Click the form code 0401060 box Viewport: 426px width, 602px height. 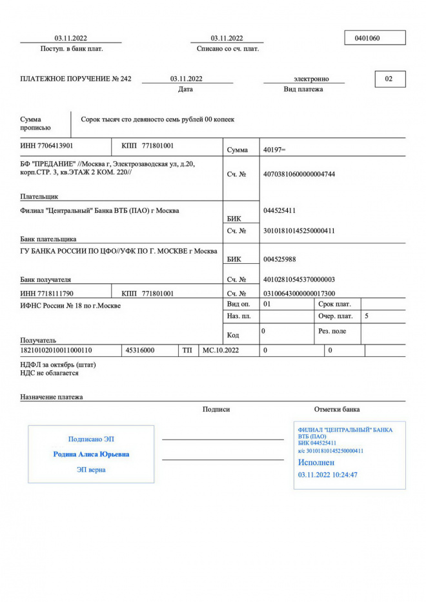(x=375, y=38)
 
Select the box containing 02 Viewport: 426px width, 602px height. (x=389, y=79)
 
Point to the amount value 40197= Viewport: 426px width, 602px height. (x=275, y=150)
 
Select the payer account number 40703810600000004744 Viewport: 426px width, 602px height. (x=299, y=174)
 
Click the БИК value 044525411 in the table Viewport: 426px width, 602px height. (x=280, y=211)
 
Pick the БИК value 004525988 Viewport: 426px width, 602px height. (x=280, y=259)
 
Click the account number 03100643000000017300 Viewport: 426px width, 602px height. (x=299, y=294)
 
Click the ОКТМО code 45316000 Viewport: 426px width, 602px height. (x=139, y=350)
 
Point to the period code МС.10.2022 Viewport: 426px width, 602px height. (x=221, y=350)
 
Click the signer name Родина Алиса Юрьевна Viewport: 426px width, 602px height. (x=91, y=454)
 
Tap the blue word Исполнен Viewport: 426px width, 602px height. (x=316, y=463)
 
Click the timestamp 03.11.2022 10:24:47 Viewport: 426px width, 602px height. (x=328, y=475)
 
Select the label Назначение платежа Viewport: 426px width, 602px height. (x=51, y=397)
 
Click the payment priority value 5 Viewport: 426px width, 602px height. (x=367, y=316)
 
